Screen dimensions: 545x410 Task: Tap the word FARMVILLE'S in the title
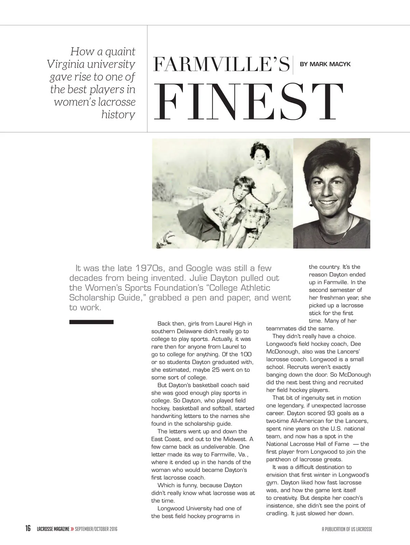[x=221, y=65]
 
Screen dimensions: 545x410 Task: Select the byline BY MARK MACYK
[x=325, y=64]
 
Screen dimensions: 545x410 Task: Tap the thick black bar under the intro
[x=91, y=322]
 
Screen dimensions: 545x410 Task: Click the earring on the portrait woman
[x=311, y=204]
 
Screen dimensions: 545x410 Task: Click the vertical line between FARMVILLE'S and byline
[x=293, y=65]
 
